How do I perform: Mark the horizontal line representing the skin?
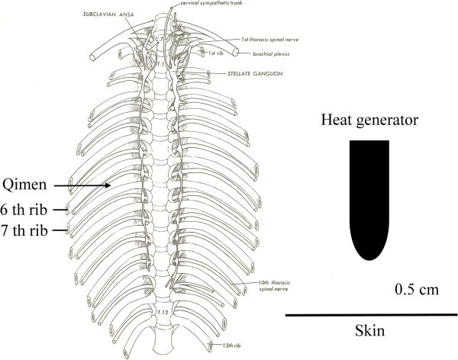(371, 314)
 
